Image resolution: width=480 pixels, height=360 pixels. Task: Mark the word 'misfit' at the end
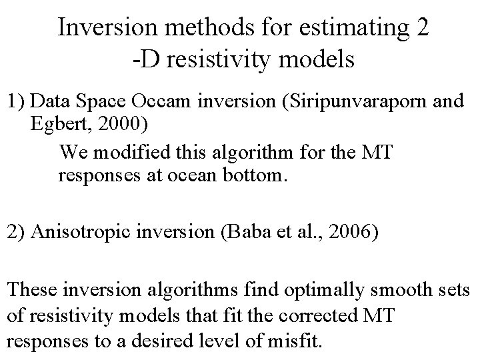coord(297,343)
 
